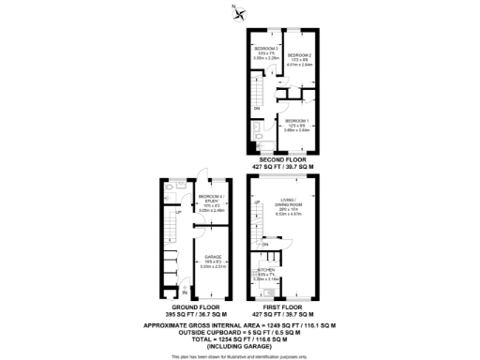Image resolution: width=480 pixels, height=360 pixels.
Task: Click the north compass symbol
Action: pos(240,12)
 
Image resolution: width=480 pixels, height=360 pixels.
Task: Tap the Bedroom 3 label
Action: pos(267,53)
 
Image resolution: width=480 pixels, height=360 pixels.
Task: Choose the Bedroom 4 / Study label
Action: pos(211,202)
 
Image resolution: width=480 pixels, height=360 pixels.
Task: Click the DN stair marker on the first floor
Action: pos(266,246)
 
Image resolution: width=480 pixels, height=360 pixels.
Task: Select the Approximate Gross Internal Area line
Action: pos(239,325)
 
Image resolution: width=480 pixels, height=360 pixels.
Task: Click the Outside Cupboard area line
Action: pos(239,333)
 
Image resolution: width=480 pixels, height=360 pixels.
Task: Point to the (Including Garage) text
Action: pos(239,348)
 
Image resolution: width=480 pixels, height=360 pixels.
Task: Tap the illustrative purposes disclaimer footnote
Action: pos(239,356)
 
